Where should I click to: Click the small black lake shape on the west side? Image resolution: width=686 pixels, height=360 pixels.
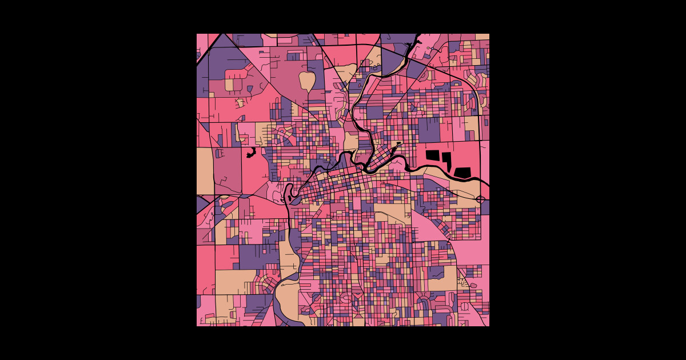(250, 153)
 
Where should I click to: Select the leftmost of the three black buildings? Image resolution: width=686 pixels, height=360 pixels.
(433, 155)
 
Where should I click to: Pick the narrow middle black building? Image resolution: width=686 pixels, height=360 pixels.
(446, 158)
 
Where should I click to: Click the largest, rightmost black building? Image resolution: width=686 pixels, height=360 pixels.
(462, 171)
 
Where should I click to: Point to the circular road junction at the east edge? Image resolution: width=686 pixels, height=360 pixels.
(480, 199)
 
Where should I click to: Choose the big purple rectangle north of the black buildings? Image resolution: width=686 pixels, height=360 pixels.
(429, 130)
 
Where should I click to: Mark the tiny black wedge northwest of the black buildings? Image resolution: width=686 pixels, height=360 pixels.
(398, 143)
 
